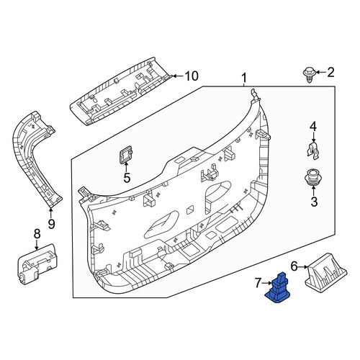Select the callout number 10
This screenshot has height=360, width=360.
(x=192, y=76)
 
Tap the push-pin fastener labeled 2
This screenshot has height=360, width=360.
(x=310, y=76)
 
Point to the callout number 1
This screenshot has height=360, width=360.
(x=244, y=78)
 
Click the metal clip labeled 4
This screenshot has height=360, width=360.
(x=313, y=150)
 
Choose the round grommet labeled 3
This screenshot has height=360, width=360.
(x=313, y=178)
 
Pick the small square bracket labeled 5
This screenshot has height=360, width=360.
(x=125, y=154)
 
